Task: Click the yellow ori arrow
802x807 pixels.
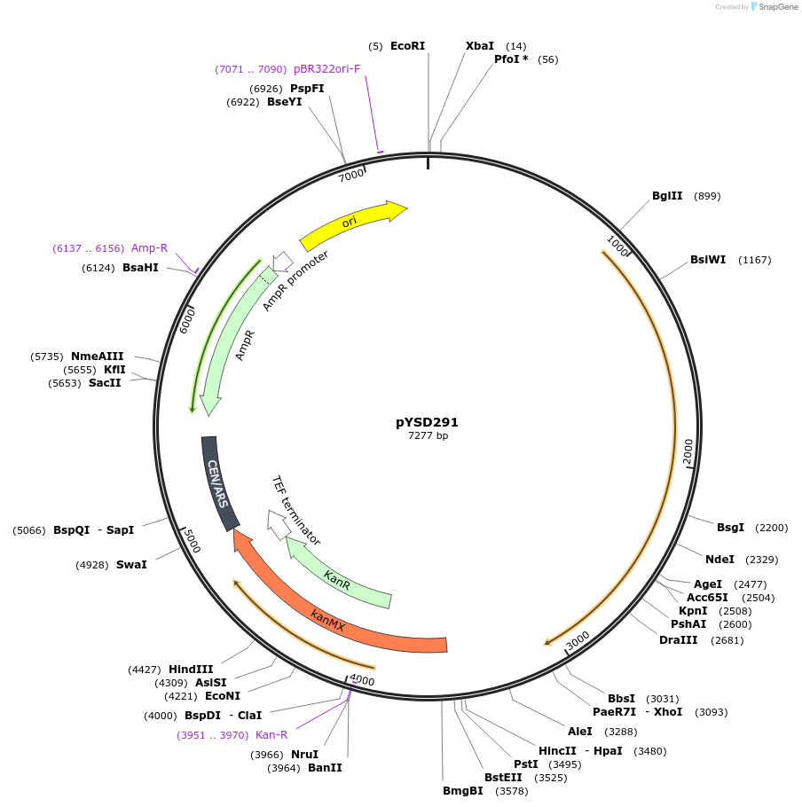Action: pos(350,223)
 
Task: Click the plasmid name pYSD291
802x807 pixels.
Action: pos(427,422)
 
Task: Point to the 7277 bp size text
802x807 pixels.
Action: pos(428,435)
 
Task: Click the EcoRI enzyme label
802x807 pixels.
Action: pos(408,45)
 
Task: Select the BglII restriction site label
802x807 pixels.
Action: pos(667,196)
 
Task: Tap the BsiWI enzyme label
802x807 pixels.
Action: pos(708,260)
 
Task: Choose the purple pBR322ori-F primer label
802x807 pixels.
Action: pos(327,68)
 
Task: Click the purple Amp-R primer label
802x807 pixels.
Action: pos(149,248)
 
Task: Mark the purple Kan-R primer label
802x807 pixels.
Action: pos(271,734)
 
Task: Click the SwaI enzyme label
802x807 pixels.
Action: pos(131,564)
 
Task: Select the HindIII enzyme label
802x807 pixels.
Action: pos(192,670)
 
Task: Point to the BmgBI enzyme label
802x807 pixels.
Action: pos(463,790)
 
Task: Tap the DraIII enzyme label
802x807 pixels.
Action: pos(679,639)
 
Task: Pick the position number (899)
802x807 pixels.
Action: pos(707,196)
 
